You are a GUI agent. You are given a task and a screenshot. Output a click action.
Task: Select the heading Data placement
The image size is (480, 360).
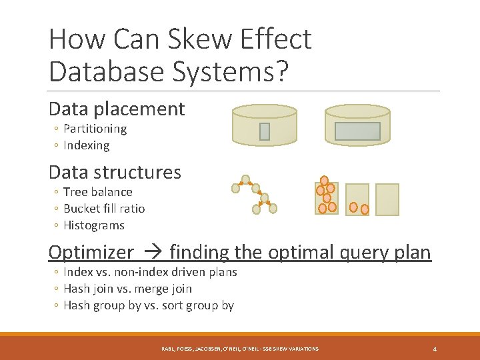point(117,109)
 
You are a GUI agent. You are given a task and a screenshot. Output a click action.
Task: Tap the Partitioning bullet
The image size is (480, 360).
point(95,129)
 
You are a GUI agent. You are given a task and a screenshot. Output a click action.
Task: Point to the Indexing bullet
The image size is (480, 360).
point(86,145)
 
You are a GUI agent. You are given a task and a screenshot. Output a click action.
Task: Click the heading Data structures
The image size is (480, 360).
point(115,172)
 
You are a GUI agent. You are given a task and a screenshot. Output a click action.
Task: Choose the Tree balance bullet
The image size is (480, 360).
point(97,192)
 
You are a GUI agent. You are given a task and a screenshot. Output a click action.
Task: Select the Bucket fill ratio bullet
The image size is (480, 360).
point(103,209)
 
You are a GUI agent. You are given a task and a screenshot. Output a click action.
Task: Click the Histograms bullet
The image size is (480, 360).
point(93,225)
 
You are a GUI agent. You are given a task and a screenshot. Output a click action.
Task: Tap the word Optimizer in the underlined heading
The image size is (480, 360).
point(91,252)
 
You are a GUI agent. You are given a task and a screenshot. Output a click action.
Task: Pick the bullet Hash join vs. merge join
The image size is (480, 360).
point(127,289)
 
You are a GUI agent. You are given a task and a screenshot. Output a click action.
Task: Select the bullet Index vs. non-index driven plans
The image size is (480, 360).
point(150,272)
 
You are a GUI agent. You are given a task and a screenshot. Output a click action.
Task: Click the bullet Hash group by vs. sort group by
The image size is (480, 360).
point(148,305)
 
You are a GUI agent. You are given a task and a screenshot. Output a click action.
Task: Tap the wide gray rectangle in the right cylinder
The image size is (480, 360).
point(357,131)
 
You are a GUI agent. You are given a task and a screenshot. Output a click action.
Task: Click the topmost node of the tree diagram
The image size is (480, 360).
point(245,179)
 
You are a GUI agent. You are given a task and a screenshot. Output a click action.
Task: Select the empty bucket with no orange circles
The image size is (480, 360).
point(387,199)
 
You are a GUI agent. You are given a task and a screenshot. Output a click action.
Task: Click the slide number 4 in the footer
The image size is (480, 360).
point(435,349)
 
